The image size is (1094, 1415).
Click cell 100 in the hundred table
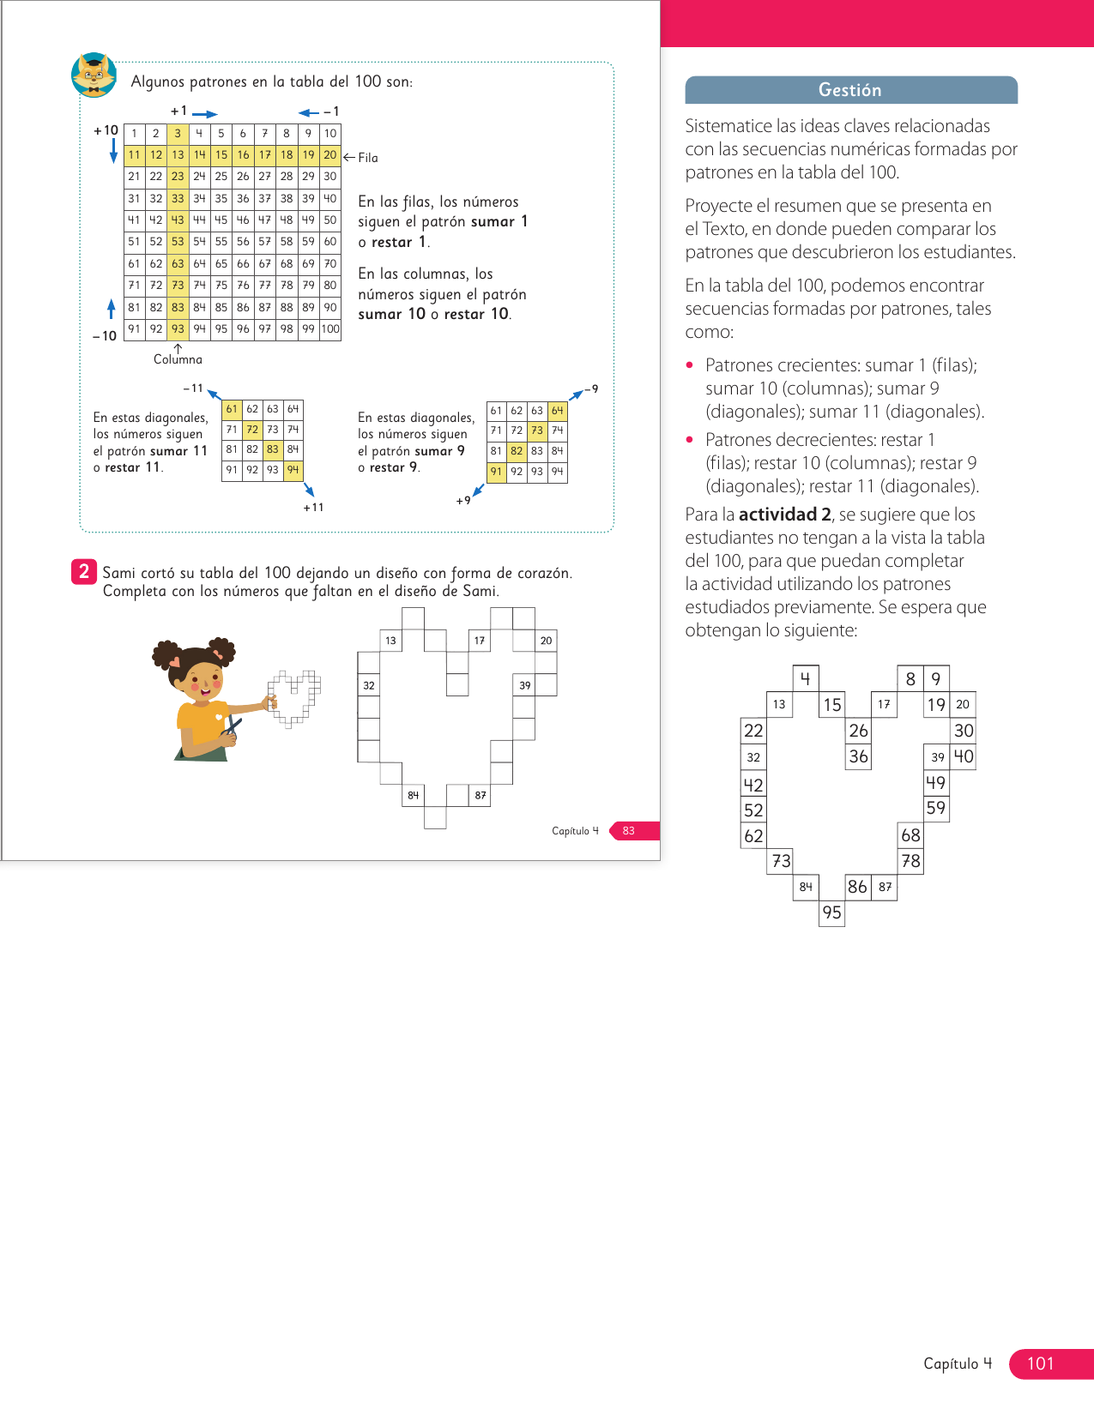[330, 329]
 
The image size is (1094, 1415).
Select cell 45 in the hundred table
[221, 220]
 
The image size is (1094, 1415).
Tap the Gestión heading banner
[850, 90]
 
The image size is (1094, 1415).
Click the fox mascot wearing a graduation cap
[94, 75]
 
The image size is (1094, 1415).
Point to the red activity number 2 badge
[83, 571]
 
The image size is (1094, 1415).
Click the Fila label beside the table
[368, 158]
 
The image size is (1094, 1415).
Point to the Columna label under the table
[178, 359]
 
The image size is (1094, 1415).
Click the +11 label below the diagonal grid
[313, 507]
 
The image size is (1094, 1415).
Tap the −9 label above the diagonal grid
[591, 389]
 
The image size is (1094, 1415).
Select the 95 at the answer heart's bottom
[831, 912]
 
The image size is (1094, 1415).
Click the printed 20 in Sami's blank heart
[546, 641]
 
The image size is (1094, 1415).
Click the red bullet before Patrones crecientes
[690, 365]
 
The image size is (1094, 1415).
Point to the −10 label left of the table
[105, 336]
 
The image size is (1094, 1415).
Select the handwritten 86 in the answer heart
[857, 887]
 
